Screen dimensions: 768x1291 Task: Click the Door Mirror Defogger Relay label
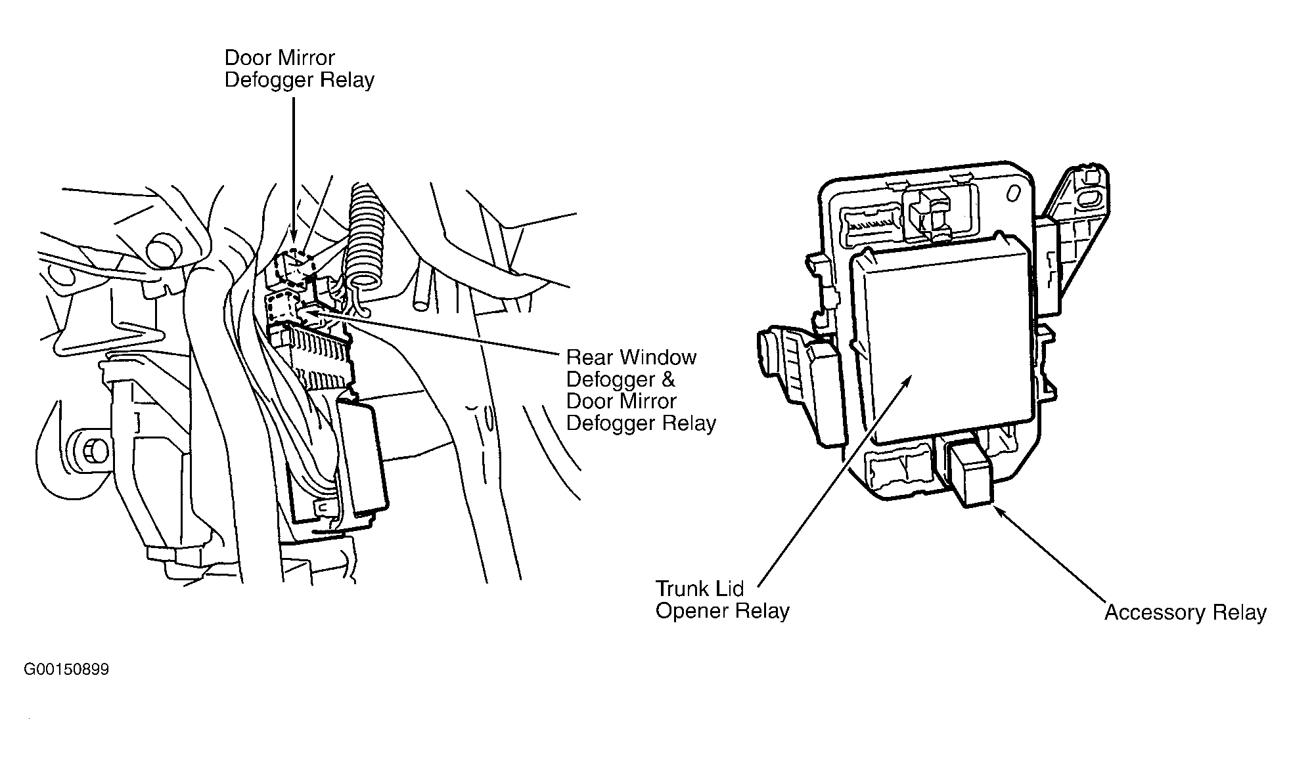(x=299, y=68)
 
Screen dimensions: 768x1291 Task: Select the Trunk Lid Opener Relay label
(x=722, y=599)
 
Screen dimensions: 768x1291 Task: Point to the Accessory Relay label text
(x=1185, y=612)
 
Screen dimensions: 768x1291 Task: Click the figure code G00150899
(x=66, y=670)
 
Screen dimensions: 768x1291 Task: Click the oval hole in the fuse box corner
(x=1014, y=193)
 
